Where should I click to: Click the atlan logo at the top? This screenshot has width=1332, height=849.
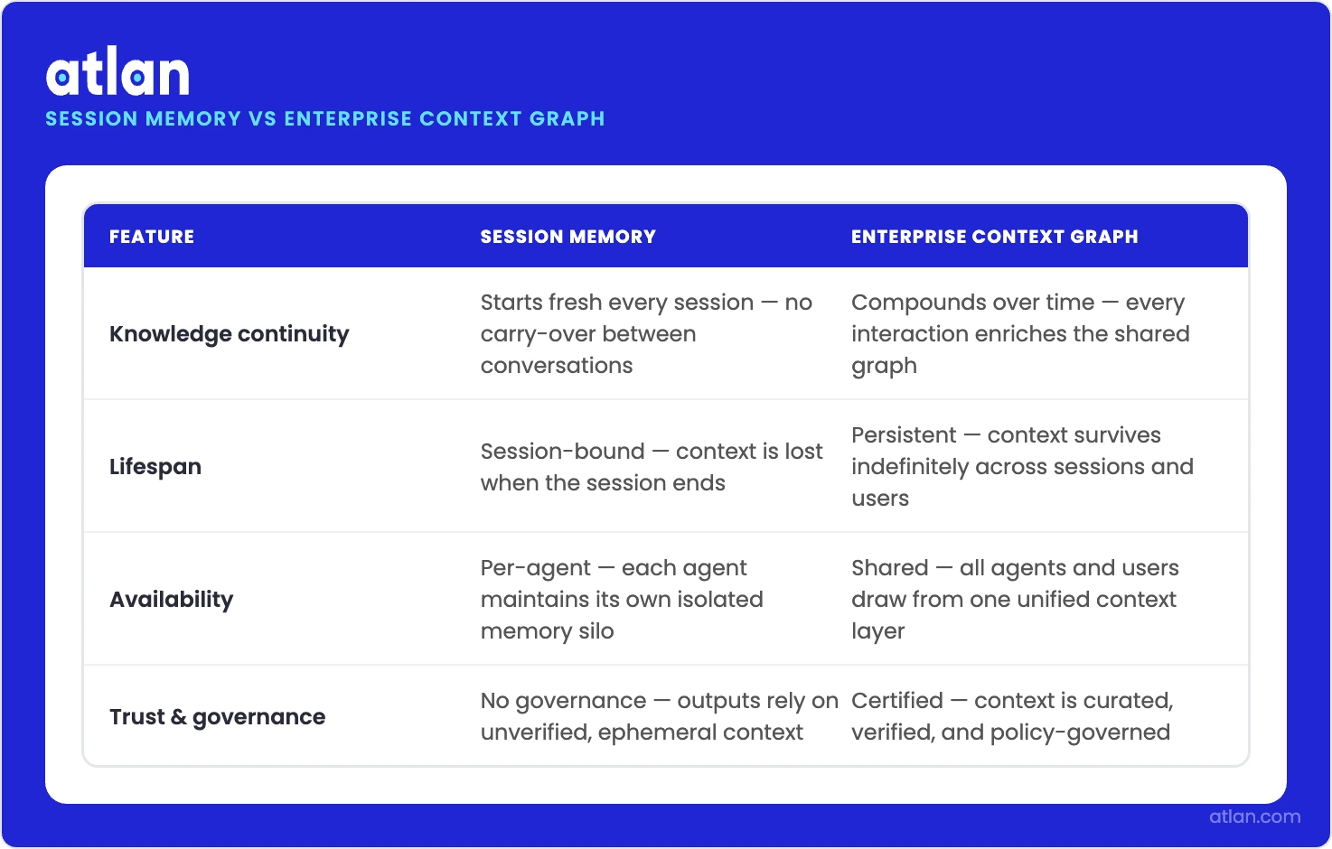(x=117, y=73)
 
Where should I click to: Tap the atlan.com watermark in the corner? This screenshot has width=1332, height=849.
(x=1254, y=816)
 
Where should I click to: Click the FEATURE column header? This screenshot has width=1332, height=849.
(x=152, y=237)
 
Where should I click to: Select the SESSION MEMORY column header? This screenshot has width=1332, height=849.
(x=568, y=237)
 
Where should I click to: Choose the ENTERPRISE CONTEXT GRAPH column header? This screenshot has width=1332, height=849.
(x=994, y=237)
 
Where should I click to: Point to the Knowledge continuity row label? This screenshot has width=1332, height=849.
(x=229, y=334)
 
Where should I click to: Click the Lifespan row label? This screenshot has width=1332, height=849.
(x=155, y=467)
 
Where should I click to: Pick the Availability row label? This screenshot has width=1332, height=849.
(x=172, y=600)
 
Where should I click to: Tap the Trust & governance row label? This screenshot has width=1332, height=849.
(x=217, y=717)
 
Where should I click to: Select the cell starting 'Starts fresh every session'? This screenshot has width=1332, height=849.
(x=645, y=334)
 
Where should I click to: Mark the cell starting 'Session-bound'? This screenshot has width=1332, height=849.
(x=651, y=467)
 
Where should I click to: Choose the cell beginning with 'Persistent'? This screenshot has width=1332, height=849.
(x=1021, y=467)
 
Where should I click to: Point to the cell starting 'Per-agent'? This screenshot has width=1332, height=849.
(x=622, y=600)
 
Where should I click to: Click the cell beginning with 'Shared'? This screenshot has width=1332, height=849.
(x=1014, y=600)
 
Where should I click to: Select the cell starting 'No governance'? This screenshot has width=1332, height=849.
(x=658, y=717)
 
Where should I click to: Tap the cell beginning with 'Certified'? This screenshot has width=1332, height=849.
(x=1011, y=717)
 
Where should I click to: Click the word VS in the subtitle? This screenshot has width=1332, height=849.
(x=262, y=119)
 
